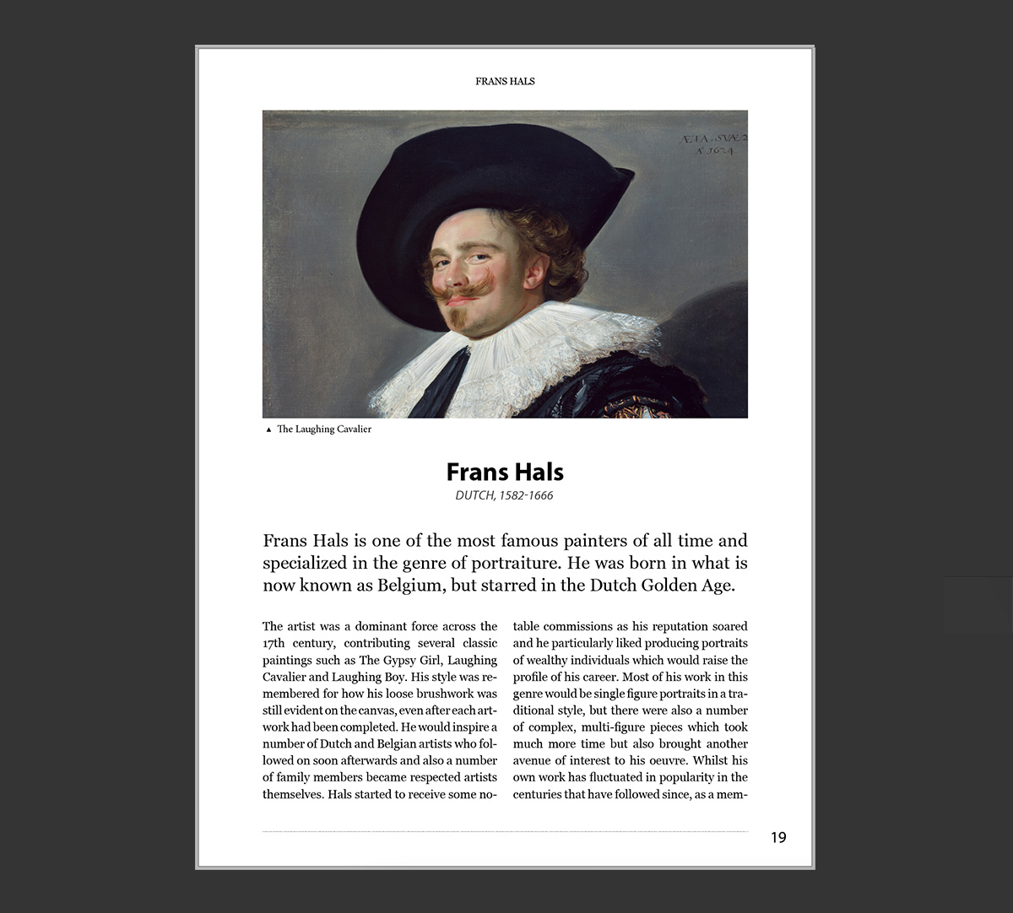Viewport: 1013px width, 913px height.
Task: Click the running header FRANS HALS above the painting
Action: click(505, 81)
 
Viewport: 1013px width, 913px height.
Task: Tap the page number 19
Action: click(778, 837)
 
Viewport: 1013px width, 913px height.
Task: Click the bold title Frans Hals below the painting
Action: click(505, 472)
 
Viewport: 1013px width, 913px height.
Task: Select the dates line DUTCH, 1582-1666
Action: click(504, 495)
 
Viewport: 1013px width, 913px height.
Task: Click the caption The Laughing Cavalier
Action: click(324, 429)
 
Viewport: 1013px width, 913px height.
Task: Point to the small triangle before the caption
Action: click(268, 429)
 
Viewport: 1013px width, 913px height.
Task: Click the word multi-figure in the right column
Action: click(587, 727)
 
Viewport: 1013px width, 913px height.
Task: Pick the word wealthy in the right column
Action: click(548, 660)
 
